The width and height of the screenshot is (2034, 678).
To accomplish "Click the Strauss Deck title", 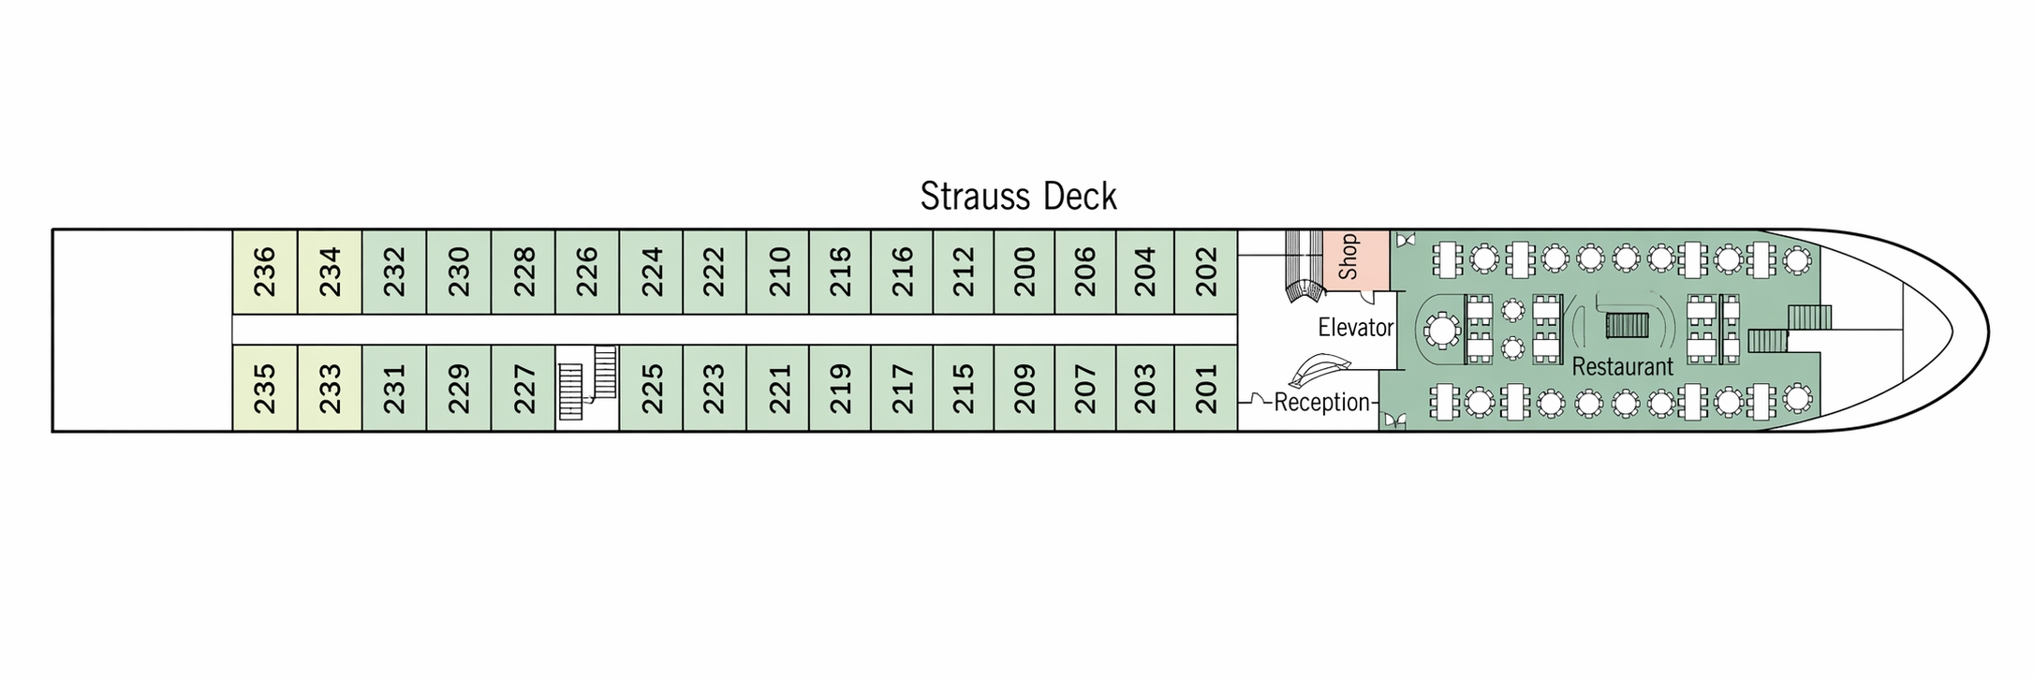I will click(1018, 197).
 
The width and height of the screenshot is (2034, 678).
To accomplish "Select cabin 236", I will click(265, 272).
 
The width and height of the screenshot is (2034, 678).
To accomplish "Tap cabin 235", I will click(265, 388).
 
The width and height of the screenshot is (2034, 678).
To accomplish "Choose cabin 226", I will click(587, 272).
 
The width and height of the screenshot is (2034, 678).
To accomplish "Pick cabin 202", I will click(1206, 272).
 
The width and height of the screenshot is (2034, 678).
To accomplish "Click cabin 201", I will click(1206, 388).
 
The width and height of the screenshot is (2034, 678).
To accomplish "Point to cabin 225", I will click(651, 388).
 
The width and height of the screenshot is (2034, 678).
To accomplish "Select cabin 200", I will click(1024, 272).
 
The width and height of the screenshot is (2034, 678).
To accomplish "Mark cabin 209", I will click(1024, 388).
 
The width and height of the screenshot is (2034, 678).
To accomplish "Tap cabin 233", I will click(330, 388).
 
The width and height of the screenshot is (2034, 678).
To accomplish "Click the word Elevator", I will click(1355, 328).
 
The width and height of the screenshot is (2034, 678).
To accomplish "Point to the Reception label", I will click(1321, 403).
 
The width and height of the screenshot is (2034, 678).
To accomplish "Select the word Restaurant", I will click(1622, 366).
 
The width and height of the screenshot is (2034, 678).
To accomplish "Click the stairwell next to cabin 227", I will click(587, 384).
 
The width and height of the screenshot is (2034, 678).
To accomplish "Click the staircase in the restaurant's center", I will click(1627, 325).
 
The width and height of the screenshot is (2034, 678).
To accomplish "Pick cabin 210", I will click(779, 272).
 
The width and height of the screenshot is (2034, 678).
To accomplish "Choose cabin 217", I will click(902, 388).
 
